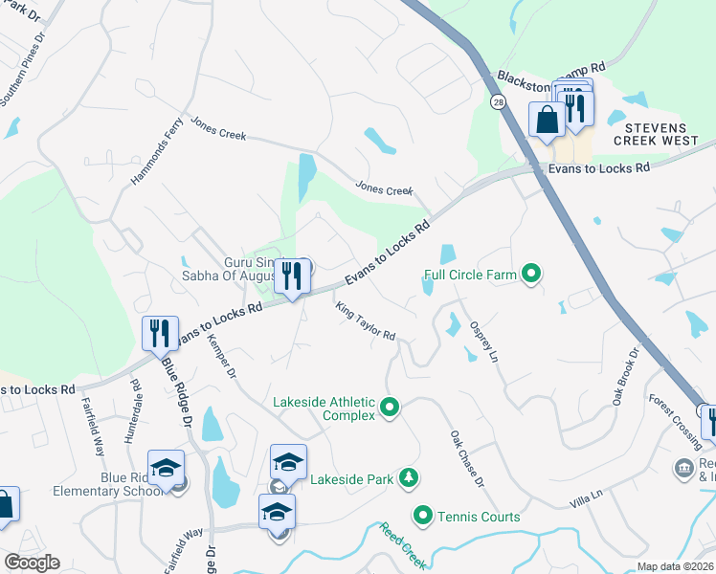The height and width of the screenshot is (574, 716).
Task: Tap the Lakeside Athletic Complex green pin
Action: point(389,408)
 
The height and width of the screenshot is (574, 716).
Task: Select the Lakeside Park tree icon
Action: point(409,476)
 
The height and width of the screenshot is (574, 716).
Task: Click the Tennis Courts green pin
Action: point(422,517)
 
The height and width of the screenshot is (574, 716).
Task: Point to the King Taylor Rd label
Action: point(365,321)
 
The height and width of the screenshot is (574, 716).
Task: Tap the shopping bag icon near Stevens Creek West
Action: point(547,121)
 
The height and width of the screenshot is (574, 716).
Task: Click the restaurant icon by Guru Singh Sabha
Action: point(293,276)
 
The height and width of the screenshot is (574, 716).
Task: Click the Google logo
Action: point(32,562)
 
